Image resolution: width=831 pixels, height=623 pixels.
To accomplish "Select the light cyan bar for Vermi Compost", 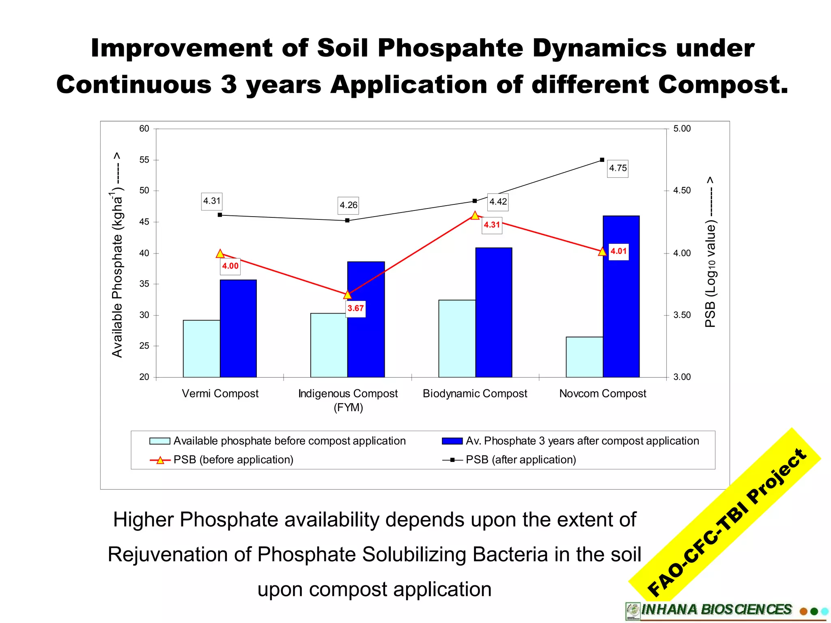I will point(201,349).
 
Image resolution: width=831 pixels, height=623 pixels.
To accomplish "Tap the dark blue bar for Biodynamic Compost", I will point(493,312).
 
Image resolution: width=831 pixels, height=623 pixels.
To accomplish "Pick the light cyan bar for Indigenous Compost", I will point(329,345).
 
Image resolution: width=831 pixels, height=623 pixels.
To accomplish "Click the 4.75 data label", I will point(618,168).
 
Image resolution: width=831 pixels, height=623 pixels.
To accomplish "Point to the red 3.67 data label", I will point(355,309).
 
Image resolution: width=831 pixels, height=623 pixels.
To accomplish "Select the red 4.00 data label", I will point(230,266).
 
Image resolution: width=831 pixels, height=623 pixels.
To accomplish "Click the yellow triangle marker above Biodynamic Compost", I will point(475,215).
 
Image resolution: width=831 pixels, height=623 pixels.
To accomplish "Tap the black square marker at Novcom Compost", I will point(602,160).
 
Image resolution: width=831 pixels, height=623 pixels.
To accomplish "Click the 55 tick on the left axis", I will point(144,160).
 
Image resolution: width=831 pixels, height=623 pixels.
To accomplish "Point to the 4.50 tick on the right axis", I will point(682,191).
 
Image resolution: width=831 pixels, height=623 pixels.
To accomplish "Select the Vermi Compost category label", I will point(220,394).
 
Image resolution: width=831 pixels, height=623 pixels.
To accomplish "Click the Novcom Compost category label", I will point(603,394).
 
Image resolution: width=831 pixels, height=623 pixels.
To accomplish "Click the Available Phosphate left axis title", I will point(117,256).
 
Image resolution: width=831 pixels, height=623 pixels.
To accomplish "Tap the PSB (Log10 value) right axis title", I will point(710,251).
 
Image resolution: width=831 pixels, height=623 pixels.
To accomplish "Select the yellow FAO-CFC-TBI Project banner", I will point(726,523).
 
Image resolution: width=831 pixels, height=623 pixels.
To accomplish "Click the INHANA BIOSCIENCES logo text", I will point(716,610).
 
